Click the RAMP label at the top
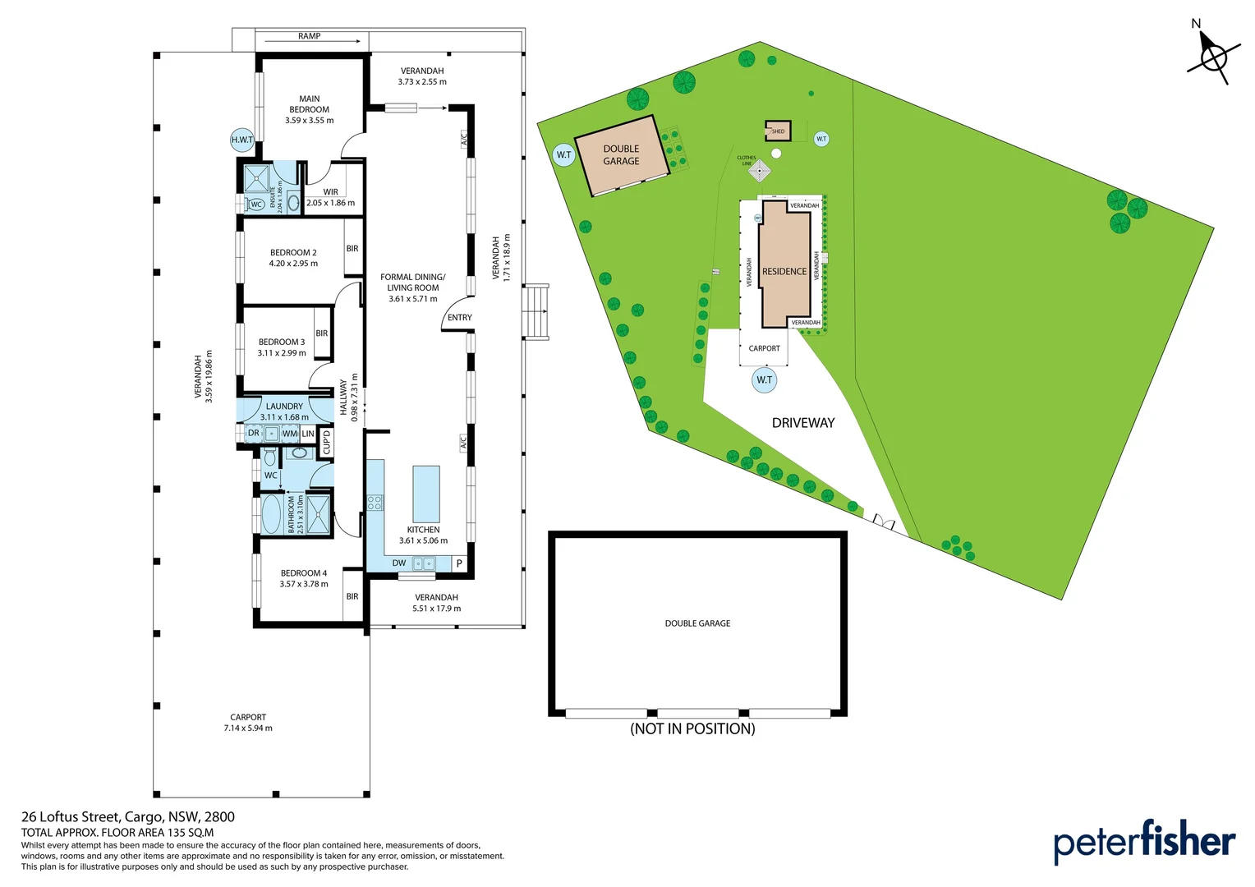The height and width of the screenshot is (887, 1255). point(310,36)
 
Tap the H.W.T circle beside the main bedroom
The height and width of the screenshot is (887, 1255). point(242,140)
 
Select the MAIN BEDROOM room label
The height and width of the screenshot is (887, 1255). point(310,109)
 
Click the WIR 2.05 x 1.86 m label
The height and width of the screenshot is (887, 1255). point(331,197)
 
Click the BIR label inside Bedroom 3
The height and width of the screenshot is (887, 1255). point(322,333)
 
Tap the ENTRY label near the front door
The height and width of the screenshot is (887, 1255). point(460,317)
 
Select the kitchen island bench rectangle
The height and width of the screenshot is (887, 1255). point(425,494)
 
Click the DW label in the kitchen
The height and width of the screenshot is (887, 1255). point(399,563)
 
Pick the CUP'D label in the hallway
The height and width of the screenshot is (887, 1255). point(327,442)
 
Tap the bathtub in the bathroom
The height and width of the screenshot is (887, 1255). point(271,514)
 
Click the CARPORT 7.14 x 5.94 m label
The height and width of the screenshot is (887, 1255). point(248,722)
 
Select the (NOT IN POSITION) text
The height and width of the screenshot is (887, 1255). point(692,728)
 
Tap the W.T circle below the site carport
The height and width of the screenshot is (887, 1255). point(765,379)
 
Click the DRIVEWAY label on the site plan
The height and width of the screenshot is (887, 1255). point(802,423)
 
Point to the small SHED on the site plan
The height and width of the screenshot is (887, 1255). point(776,130)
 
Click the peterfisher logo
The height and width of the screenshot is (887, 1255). point(1144,842)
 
